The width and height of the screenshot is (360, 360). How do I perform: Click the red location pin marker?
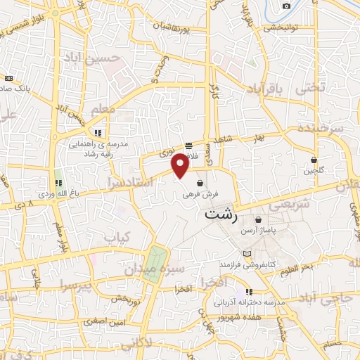(x=181, y=166)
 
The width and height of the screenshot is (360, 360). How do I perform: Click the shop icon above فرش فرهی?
(x=201, y=184)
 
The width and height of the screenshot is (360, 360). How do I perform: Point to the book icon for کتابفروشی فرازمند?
(x=245, y=253)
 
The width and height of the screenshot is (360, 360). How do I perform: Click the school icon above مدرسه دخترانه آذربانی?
(x=248, y=292)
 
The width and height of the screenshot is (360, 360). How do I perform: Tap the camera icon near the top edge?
(x=286, y=6)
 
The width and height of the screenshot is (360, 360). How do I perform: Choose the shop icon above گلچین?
(x=314, y=160)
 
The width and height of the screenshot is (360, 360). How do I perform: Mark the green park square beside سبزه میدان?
(x=155, y=264)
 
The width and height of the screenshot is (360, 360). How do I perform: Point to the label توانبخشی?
(x=281, y=28)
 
